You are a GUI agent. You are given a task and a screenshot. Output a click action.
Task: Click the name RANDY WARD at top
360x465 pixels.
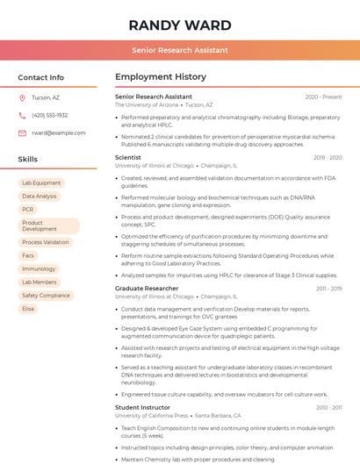click(x=180, y=25)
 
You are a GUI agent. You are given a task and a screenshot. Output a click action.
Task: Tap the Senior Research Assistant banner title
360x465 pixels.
click(x=180, y=50)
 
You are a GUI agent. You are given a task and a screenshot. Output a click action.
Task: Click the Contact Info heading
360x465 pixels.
click(x=41, y=77)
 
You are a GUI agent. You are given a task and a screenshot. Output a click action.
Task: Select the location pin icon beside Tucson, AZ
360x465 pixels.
click(x=22, y=97)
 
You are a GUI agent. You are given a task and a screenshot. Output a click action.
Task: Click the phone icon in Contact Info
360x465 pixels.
click(x=22, y=115)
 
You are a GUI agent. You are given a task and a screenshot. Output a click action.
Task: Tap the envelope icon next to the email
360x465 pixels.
click(x=22, y=132)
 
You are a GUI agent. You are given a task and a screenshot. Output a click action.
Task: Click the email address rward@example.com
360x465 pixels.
click(x=53, y=132)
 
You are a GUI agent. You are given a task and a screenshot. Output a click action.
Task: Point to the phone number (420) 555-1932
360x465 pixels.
click(x=50, y=115)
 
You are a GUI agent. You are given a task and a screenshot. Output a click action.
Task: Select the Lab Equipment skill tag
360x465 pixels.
click(x=41, y=182)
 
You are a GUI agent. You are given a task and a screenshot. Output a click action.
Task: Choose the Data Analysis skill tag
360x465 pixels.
click(x=39, y=196)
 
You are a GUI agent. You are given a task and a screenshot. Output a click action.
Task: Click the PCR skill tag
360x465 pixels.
click(x=28, y=210)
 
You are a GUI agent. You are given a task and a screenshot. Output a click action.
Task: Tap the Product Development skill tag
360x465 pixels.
click(x=40, y=225)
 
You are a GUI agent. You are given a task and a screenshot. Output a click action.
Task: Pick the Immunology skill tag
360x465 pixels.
click(x=39, y=268)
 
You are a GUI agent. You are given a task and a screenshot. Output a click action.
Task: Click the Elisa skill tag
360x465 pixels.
click(x=28, y=309)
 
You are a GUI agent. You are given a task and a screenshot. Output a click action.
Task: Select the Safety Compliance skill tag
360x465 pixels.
click(x=46, y=296)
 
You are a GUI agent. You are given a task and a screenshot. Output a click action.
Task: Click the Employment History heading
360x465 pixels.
click(x=161, y=77)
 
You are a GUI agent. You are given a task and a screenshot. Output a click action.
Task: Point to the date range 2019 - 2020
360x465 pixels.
click(x=328, y=158)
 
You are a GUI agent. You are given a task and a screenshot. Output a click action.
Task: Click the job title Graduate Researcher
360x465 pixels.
click(x=147, y=288)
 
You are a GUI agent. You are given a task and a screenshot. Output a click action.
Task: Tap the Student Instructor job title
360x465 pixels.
click(x=142, y=407)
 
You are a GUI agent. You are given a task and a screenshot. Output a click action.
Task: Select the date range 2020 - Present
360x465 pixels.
click(x=323, y=97)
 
